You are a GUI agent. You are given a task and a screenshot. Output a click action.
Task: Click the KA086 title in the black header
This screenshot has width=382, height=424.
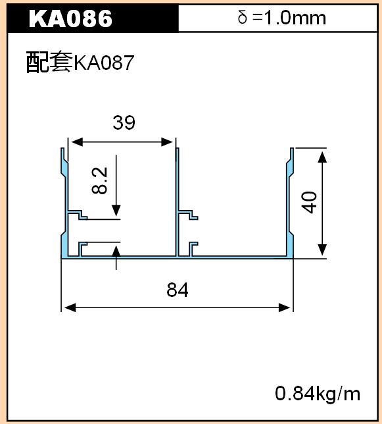70,18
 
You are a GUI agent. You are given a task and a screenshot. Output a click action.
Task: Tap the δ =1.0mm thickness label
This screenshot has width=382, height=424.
282,18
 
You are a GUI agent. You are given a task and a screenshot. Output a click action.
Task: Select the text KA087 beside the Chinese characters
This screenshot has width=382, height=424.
104,63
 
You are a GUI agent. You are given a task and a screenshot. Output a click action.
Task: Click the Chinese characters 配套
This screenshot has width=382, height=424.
49,62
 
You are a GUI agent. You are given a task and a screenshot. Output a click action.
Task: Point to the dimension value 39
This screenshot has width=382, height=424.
124,122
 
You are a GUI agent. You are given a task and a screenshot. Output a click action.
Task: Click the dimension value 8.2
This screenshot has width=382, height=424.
99,180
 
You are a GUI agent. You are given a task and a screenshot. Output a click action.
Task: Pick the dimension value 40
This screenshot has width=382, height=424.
310,202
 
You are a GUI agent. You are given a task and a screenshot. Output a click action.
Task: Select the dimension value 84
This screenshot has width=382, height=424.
178,290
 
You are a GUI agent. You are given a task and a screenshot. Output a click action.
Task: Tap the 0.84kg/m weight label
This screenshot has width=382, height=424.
318,394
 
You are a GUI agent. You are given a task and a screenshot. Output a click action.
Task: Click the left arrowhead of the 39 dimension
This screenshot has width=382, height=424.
77,142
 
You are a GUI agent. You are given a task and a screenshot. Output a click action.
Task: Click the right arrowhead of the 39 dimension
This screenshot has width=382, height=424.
167,142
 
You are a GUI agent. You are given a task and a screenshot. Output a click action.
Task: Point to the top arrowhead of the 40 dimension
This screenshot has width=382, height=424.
322,157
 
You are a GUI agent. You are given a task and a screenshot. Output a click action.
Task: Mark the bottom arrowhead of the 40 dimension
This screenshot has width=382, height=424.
322,250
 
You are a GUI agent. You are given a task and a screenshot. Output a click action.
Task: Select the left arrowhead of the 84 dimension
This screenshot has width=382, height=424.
70,307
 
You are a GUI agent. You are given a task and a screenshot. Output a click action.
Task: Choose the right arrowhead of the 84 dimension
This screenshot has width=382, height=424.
284,307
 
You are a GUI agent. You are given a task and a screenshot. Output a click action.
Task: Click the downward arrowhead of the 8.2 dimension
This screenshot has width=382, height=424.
116,211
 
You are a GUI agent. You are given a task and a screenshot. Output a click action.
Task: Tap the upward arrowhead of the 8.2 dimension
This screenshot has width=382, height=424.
116,252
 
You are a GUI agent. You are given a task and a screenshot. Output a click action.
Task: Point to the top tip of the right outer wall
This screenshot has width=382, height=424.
292,148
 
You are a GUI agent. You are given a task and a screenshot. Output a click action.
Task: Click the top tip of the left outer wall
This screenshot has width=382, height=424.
62,148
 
